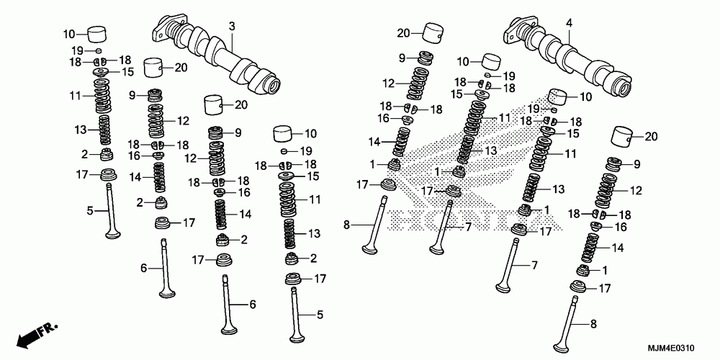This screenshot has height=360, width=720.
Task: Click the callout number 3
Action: pyautogui.click(x=233, y=27)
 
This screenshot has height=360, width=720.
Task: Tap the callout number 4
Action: pyautogui.click(x=569, y=22)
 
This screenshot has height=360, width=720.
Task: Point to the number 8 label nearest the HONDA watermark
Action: pyautogui.click(x=347, y=225)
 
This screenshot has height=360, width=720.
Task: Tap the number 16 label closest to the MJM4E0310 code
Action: pyautogui.click(x=621, y=227)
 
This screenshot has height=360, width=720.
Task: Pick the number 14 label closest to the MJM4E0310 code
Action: pyautogui.click(x=618, y=248)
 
